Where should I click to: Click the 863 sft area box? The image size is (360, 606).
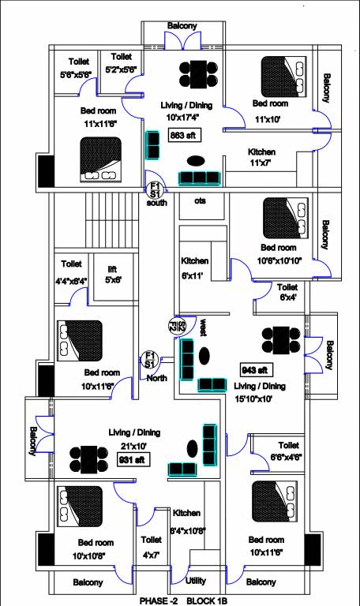pyautogui.click(x=182, y=136)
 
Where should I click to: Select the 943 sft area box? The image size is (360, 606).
pyautogui.click(x=255, y=369)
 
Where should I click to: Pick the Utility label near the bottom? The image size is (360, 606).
pyautogui.click(x=195, y=581)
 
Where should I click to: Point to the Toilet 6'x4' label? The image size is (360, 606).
pyautogui.click(x=287, y=292)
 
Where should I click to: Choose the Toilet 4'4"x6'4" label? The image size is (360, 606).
pyautogui.click(x=72, y=269)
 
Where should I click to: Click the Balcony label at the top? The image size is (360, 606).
pyautogui.click(x=182, y=26)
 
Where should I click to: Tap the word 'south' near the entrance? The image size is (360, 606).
pyautogui.click(x=157, y=203)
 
